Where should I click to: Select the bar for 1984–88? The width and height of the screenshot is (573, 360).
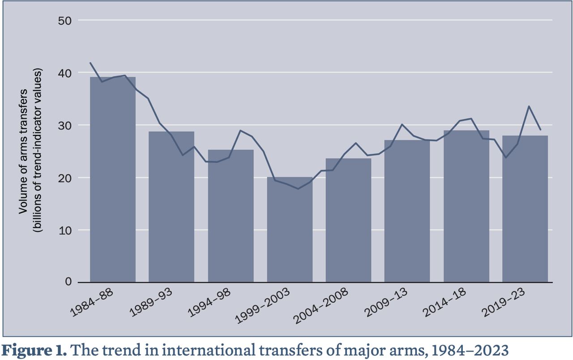coord(113,179)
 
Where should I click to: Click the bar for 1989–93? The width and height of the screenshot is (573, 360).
coord(171,206)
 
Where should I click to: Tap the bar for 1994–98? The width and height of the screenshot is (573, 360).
coord(231,215)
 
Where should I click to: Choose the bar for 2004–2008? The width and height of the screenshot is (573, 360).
coord(348,220)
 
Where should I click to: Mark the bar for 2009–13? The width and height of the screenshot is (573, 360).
coord(407,211)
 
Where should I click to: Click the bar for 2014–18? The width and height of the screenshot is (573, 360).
coord(466,206)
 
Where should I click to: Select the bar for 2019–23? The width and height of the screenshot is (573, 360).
coord(525,209)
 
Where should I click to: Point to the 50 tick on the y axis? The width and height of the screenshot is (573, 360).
coord(65,21)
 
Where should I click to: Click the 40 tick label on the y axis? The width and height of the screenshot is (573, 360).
coord(65,73)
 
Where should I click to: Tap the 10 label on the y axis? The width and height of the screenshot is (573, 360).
coord(65,230)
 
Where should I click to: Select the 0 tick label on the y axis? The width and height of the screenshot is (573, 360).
coord(68,282)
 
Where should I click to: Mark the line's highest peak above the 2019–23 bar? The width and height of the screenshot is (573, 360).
coord(529,106)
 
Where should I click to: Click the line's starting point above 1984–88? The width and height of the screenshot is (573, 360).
coord(90,63)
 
